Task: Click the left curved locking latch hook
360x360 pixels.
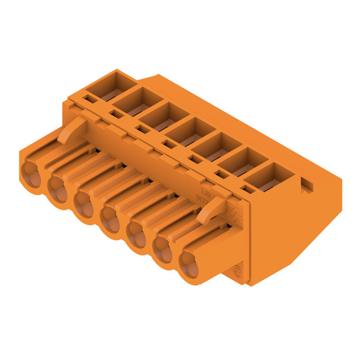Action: pos(72,128)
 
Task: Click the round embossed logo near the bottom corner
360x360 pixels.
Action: pos(238,273)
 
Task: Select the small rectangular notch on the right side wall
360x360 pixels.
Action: pos(307,183)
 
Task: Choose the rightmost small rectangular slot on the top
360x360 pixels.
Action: pos(246,189)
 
